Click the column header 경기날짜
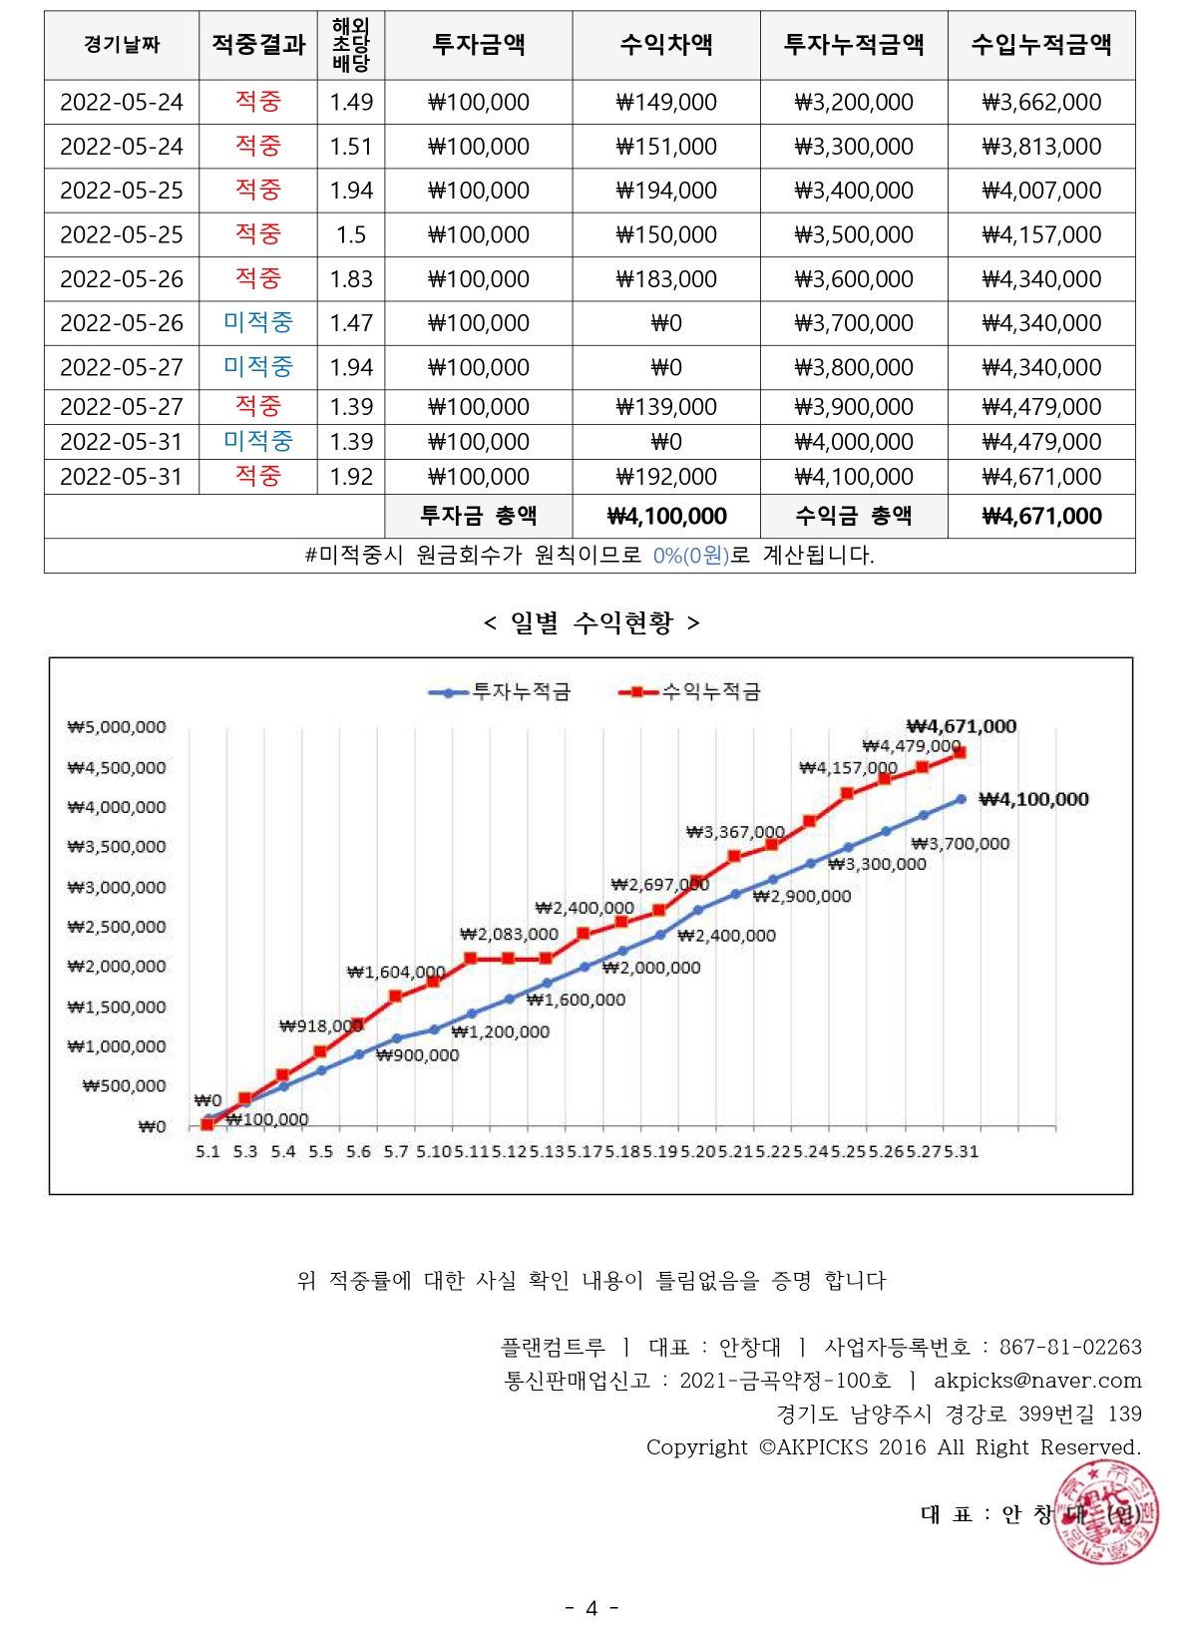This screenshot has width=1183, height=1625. tap(122, 45)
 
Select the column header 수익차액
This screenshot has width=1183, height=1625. tap(665, 45)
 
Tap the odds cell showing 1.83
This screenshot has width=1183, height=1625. tap(351, 279)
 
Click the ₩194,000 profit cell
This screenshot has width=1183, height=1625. tap(665, 191)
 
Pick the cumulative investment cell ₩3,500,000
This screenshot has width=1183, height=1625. tap(853, 235)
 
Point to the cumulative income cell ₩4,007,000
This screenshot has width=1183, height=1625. tap(1041, 191)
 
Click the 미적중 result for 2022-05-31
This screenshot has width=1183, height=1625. tap(257, 441)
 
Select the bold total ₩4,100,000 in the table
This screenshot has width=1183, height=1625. tap(665, 516)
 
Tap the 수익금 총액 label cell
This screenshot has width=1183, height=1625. tap(853, 516)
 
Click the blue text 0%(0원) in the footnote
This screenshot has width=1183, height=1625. tap(690, 556)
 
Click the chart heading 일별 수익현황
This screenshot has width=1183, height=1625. tap(591, 623)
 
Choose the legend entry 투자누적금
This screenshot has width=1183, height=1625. tap(500, 691)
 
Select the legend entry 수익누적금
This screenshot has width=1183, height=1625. tap(690, 691)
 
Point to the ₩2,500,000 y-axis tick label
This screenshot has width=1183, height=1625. tap(117, 927)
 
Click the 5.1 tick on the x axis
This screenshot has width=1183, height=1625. tap(207, 1151)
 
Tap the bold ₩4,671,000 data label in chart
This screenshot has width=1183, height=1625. tap(961, 726)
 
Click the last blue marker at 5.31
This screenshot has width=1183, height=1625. tap(961, 799)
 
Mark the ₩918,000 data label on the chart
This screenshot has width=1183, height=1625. tap(320, 1025)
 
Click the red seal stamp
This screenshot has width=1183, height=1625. tap(1106, 1512)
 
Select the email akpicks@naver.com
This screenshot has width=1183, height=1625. tap(1037, 1381)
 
